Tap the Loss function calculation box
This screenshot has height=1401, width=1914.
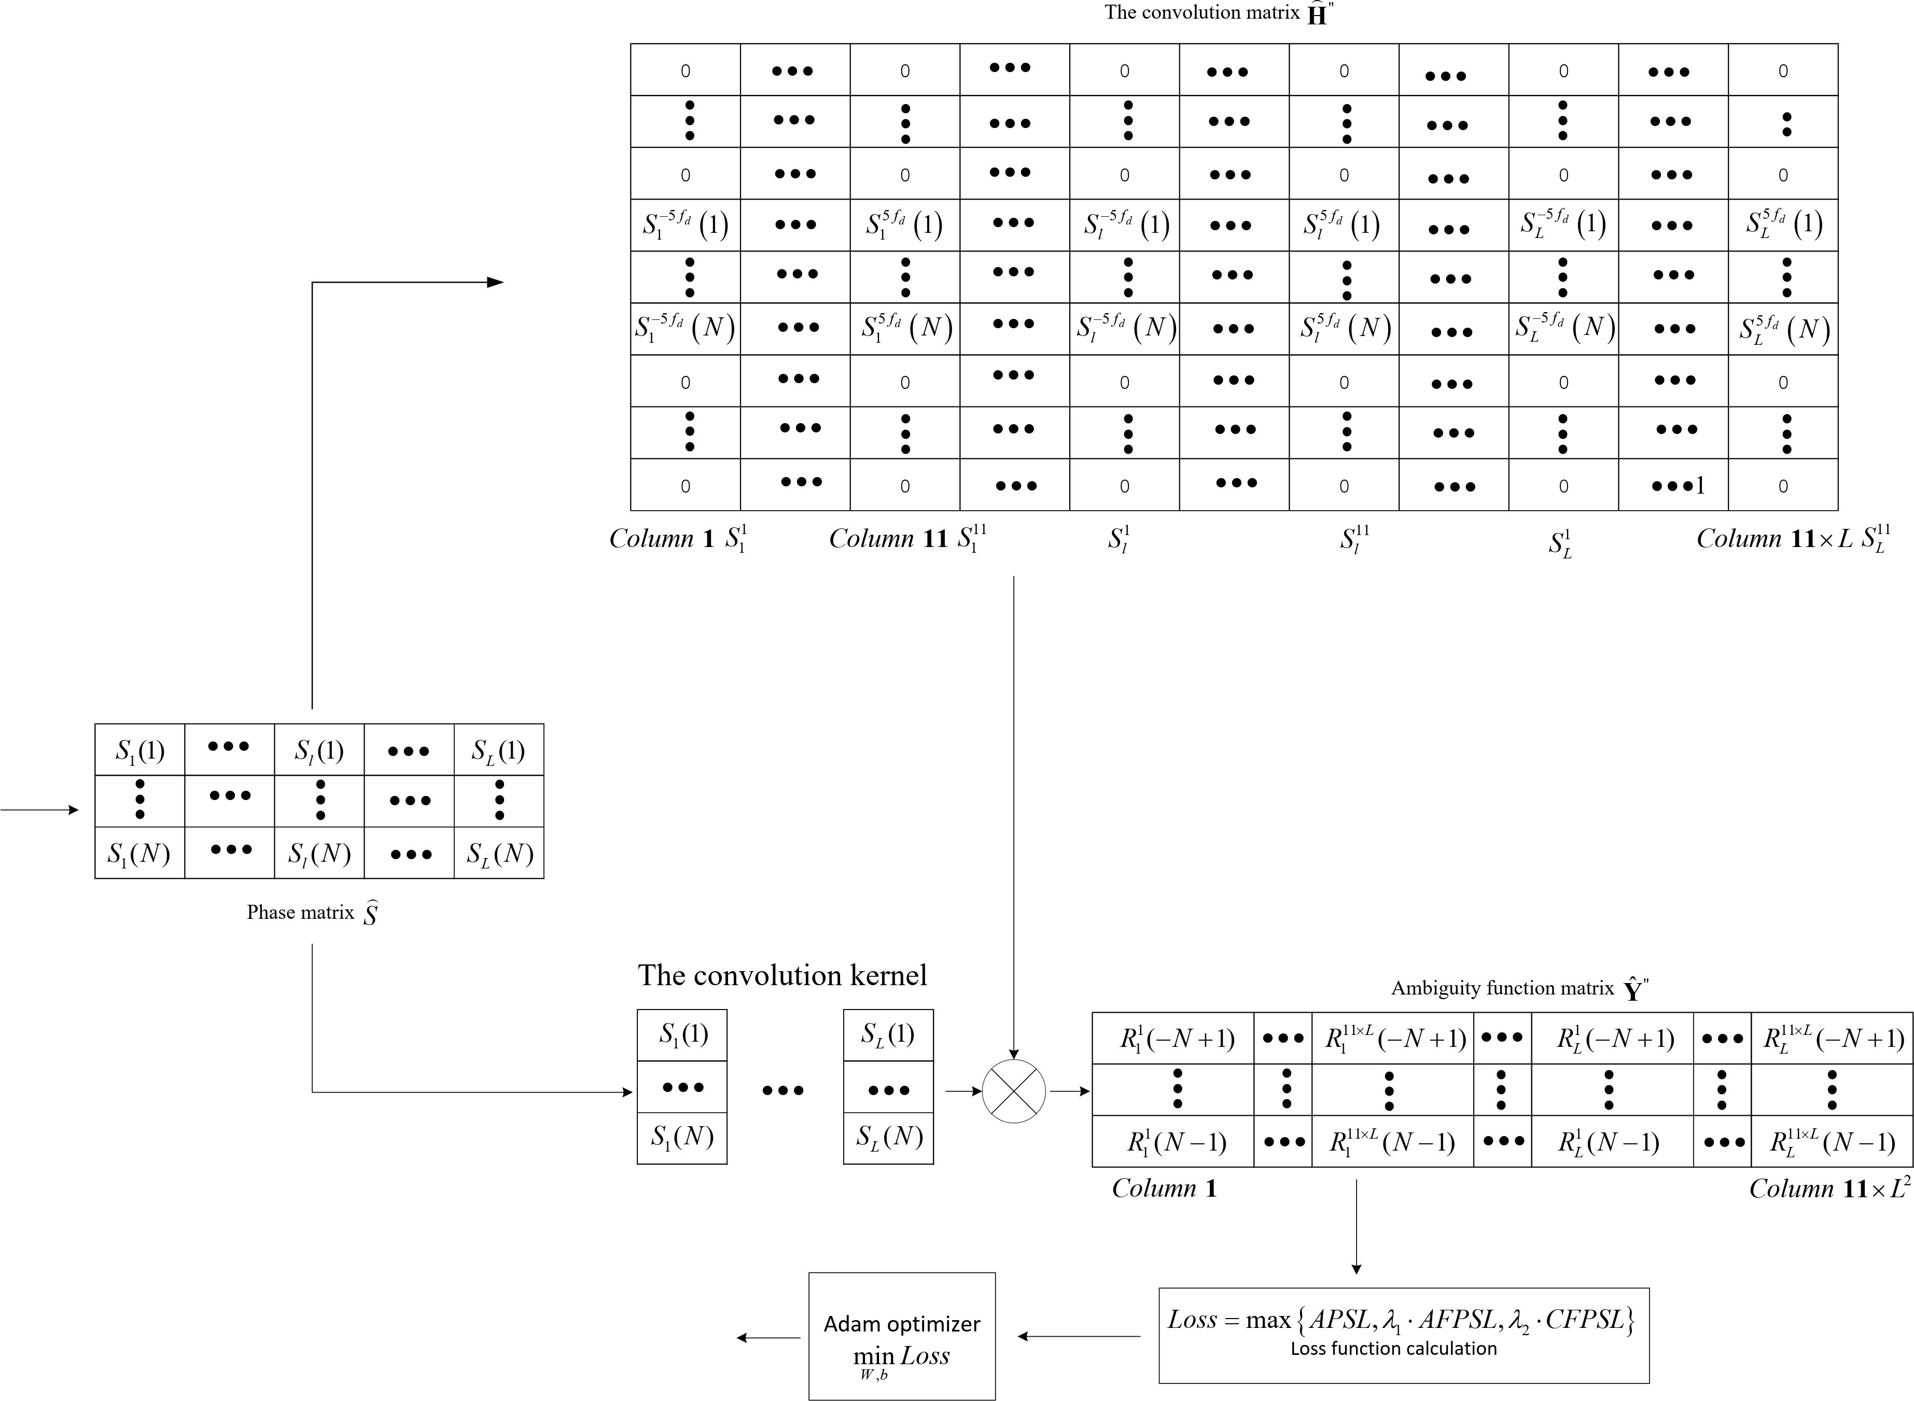pos(1404,1336)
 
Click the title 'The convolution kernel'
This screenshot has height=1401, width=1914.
pos(782,975)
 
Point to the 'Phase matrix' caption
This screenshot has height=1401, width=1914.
pos(311,913)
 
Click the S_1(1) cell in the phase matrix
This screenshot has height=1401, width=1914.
pos(140,750)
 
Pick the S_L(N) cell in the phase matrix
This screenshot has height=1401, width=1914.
pos(499,853)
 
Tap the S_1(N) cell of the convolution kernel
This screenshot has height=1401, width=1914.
pos(682,1137)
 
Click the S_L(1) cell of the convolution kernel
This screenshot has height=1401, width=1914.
pos(888,1034)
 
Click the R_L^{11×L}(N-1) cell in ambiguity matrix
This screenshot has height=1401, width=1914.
pos(1832,1142)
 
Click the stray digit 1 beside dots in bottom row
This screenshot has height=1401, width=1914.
pos(1699,485)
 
